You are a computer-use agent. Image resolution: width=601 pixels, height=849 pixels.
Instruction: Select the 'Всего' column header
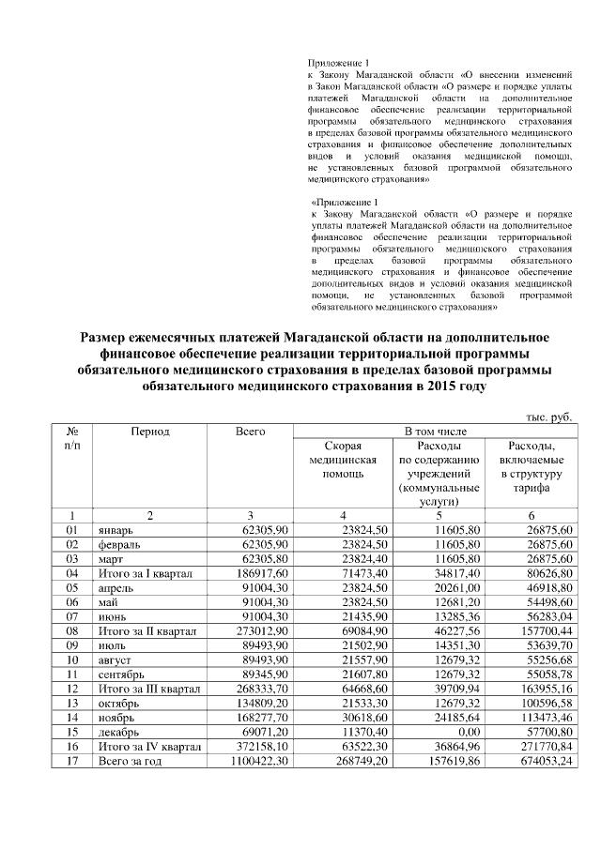pos(251,431)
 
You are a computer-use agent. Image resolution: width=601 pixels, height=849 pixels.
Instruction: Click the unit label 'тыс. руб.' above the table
pos(549,416)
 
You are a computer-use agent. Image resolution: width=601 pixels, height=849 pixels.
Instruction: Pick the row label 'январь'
pos(116,530)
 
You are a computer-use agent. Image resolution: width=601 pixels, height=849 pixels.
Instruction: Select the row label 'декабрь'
pos(118,729)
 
